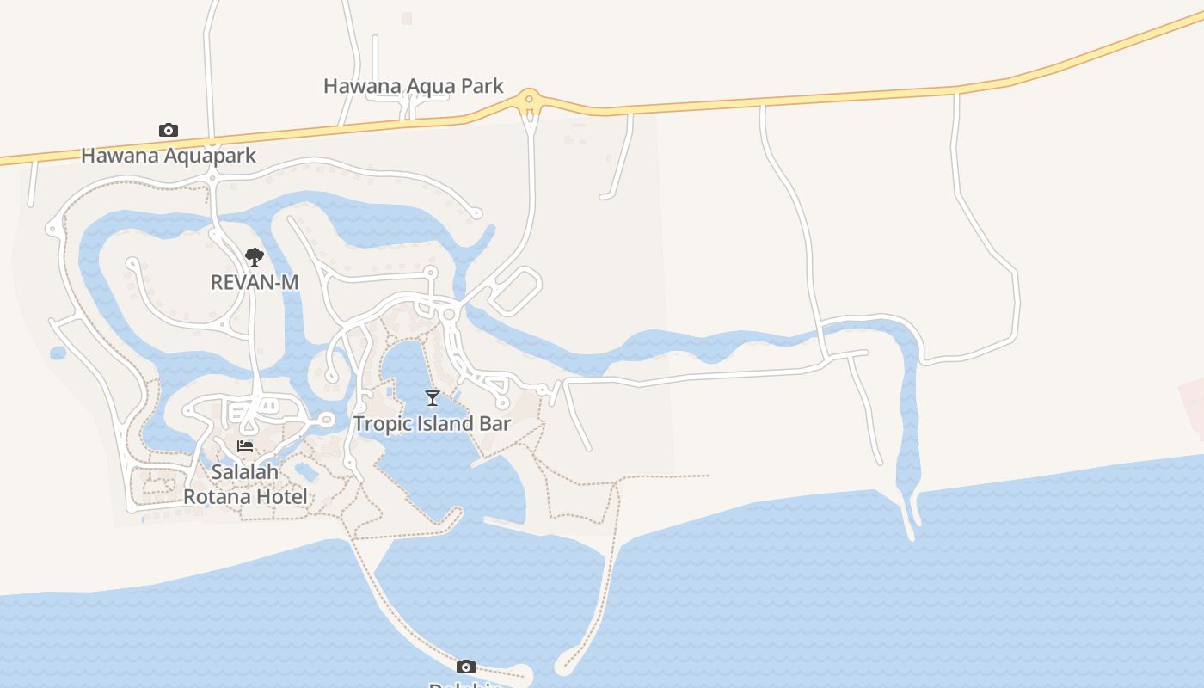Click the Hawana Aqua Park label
coord(413,86)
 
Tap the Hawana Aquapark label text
coord(169,156)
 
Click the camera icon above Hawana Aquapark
coord(169,131)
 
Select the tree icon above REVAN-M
coord(254,256)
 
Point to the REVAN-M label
coord(255,282)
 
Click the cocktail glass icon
coord(433,397)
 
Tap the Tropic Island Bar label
coord(433,423)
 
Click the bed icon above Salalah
coord(245,446)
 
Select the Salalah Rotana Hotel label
coord(245,484)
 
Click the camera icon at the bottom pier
coord(465,666)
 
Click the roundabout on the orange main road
coord(529,99)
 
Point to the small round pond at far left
coord(58,353)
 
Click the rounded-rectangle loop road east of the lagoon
coord(516,291)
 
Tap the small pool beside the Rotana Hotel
coord(305,471)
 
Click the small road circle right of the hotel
coord(326,420)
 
